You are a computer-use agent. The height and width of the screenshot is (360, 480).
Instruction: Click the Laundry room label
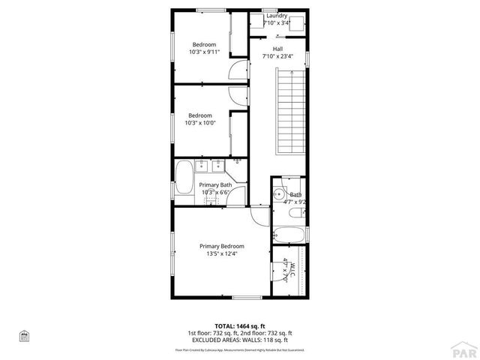coord(277,16)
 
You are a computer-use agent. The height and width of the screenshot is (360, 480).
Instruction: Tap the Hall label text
coord(277,49)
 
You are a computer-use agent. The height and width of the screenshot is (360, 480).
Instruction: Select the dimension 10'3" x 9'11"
coord(203,52)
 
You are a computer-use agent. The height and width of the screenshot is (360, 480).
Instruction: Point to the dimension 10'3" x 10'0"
coord(201,123)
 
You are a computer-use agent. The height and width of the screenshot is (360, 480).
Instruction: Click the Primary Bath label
coord(214,184)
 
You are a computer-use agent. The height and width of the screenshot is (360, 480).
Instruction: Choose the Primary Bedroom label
coord(221,246)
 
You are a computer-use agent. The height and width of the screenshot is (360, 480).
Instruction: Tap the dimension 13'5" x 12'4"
coord(221,253)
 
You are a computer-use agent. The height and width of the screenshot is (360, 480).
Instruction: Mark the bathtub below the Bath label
coord(289,234)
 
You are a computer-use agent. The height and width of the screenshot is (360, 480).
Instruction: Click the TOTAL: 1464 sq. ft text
coord(240,326)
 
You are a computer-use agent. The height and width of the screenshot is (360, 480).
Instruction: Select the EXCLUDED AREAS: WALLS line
coord(240,340)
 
